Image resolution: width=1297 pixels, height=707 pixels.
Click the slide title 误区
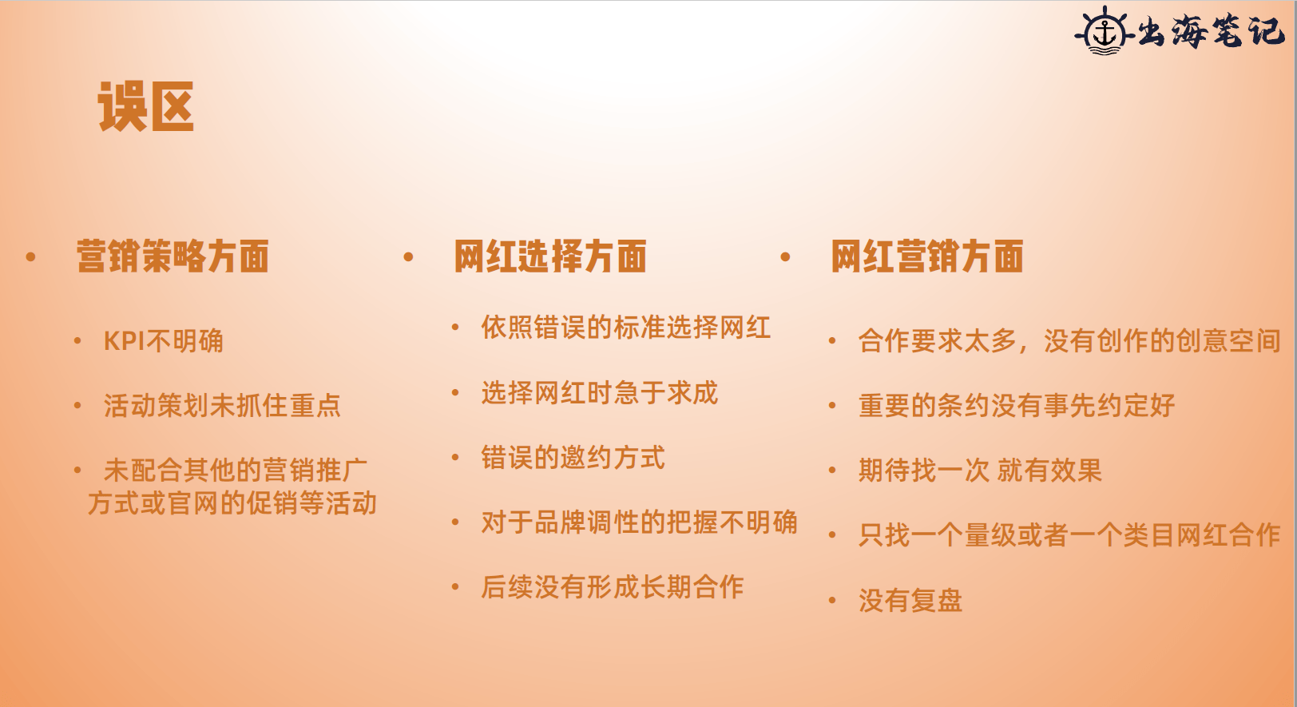pos(146,106)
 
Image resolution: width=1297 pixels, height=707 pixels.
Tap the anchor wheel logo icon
pos(1105,32)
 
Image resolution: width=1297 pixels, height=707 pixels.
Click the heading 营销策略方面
pos(173,256)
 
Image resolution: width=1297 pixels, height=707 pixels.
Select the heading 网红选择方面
pos(550,256)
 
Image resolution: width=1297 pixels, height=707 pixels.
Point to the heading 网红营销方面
pos(927,256)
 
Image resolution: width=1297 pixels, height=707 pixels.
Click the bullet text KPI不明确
pos(163,341)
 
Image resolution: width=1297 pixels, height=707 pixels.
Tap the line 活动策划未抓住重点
pos(222,405)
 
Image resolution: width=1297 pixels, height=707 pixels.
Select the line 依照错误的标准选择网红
pos(626,328)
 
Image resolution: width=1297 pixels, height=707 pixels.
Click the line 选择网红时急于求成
pos(600,392)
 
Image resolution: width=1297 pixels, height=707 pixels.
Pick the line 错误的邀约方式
pos(573,458)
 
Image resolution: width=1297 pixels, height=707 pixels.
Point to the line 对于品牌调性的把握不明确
pos(639,522)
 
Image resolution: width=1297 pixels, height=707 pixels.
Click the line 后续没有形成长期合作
pos(613,587)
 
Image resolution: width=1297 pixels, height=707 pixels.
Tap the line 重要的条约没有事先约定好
pos(1017,405)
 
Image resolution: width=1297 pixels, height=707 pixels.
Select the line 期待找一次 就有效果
pos(980,471)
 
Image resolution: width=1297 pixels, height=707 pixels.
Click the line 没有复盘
pos(910,601)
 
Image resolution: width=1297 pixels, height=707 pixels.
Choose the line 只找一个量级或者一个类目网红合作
pos(1069,535)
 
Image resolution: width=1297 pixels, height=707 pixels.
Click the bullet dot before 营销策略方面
pos(31,256)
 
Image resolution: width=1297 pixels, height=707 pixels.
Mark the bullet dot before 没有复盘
pos(832,601)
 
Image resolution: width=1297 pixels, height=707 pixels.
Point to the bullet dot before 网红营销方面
pos(786,256)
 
